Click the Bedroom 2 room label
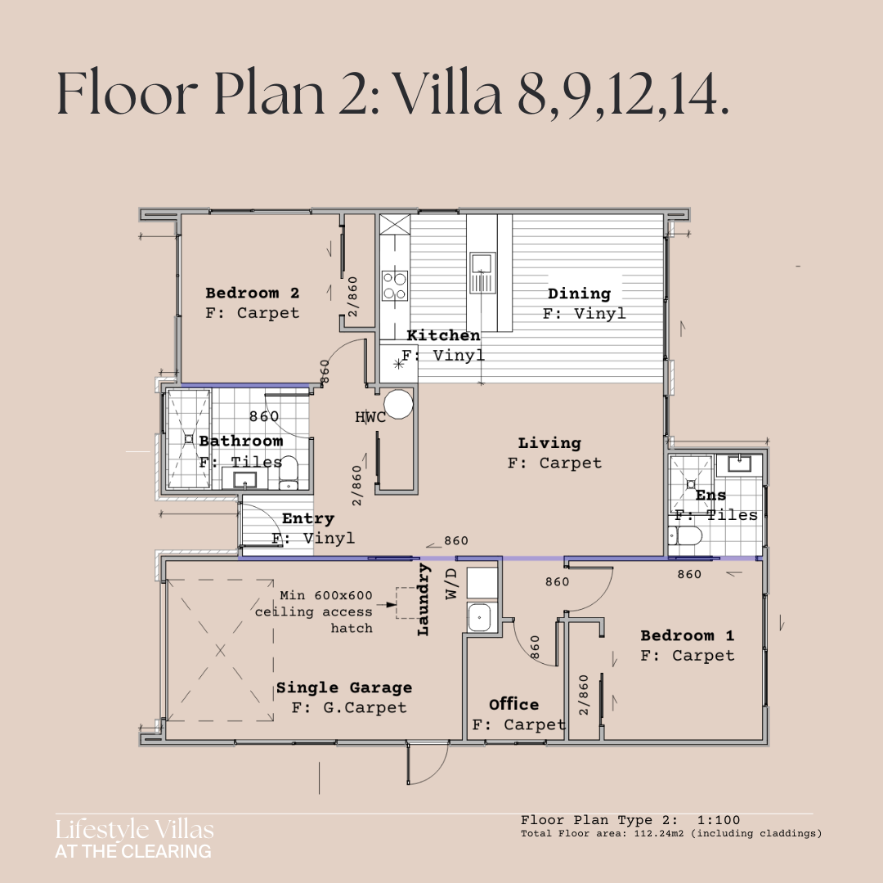click(x=253, y=293)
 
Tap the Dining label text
click(x=579, y=294)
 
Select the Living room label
click(x=549, y=443)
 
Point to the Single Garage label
click(x=344, y=688)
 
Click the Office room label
click(x=513, y=705)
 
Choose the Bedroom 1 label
click(x=687, y=636)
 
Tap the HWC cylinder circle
click(x=398, y=404)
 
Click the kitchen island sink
click(x=482, y=272)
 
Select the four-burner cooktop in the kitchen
click(x=395, y=286)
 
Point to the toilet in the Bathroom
click(x=289, y=473)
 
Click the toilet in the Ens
click(x=685, y=535)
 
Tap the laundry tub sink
click(x=479, y=618)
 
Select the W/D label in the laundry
click(x=452, y=584)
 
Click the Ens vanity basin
click(x=739, y=464)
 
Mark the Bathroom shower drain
click(x=189, y=439)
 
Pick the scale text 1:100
click(x=719, y=820)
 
